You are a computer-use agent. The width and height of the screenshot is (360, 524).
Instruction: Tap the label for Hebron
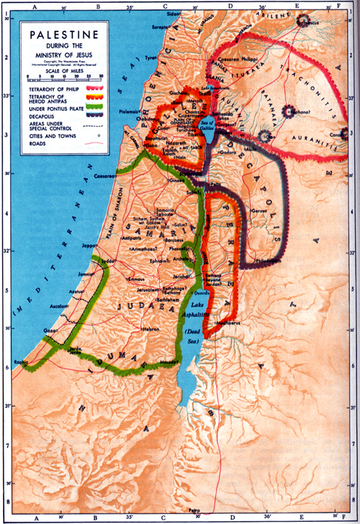pos(151,329)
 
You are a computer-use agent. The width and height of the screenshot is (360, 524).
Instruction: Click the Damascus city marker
pos(300,23)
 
